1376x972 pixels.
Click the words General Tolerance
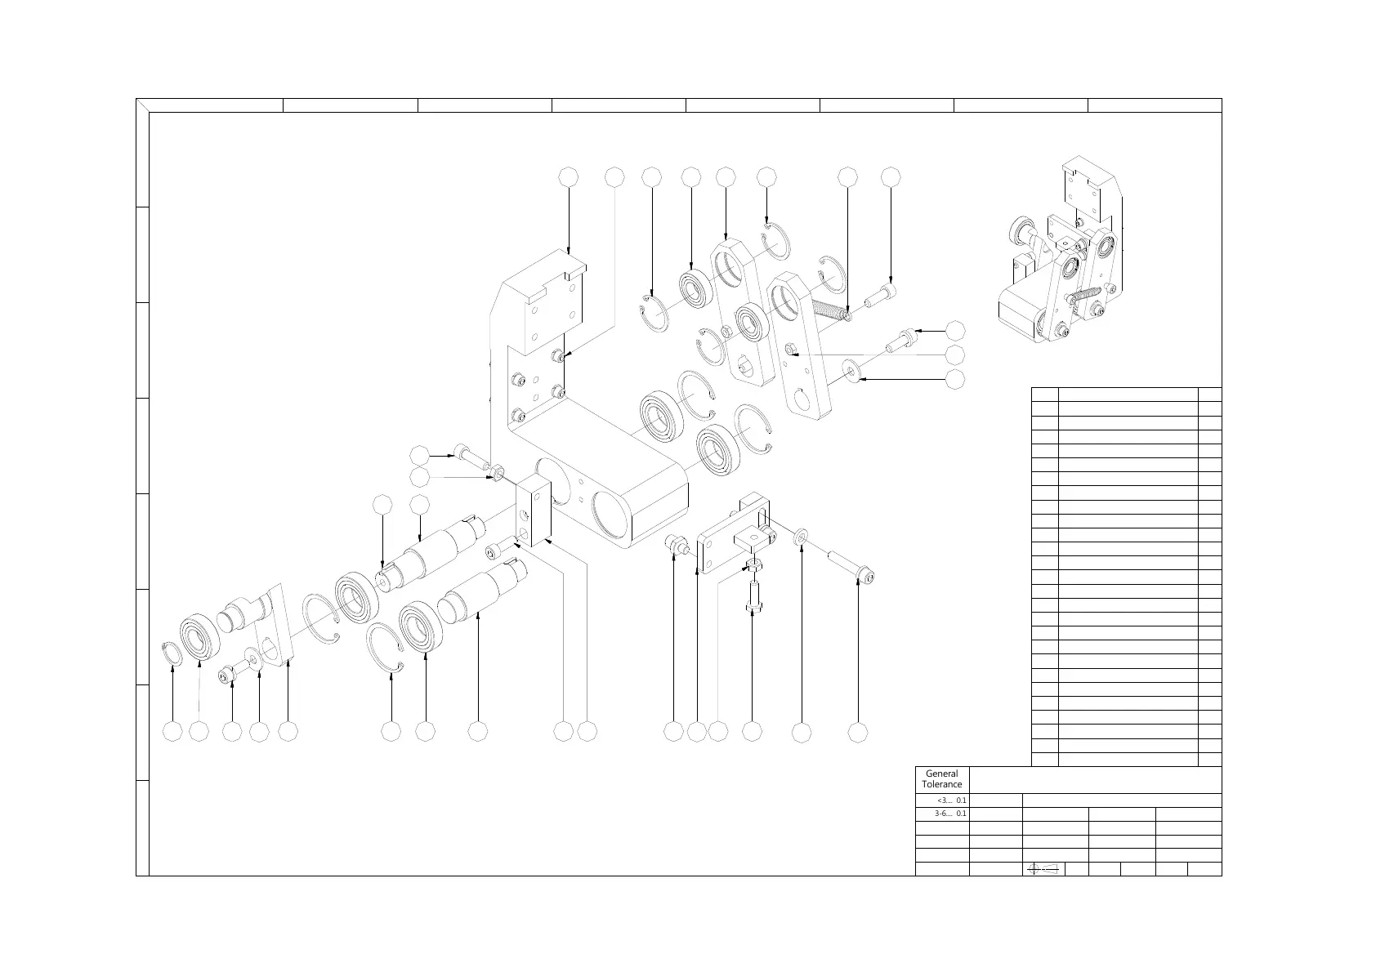(x=942, y=778)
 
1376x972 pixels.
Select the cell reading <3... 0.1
(x=942, y=800)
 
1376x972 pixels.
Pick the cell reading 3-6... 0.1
(x=942, y=814)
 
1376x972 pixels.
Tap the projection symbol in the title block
(x=1042, y=869)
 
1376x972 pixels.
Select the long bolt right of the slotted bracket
(x=853, y=567)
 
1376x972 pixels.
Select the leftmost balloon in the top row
(x=569, y=176)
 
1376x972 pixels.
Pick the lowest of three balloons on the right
(x=954, y=379)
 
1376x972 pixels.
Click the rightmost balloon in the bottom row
(x=857, y=732)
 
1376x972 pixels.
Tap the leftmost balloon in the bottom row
(x=172, y=732)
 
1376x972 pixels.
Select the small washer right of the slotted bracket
(x=802, y=536)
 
